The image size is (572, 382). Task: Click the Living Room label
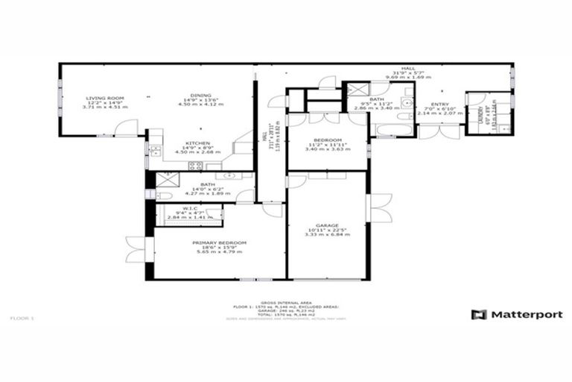tap(104, 98)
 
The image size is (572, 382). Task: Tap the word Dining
tap(199, 95)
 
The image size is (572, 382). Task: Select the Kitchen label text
tap(197, 143)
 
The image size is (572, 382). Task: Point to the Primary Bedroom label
tap(219, 242)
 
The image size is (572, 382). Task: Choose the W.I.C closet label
tap(189, 208)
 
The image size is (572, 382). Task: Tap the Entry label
tap(440, 104)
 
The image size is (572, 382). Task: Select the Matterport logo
tap(516, 314)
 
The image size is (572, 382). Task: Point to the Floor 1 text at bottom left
tap(22, 318)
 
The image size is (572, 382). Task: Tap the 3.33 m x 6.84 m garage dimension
tap(327, 235)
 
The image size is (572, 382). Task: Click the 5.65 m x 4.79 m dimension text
tap(219, 252)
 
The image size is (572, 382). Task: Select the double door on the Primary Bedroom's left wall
tap(137, 248)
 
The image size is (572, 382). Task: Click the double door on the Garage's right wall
tap(378, 208)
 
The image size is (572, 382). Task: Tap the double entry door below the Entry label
tap(439, 132)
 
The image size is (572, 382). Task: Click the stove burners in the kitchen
tap(195, 166)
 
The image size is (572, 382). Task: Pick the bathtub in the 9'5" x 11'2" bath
tap(392, 130)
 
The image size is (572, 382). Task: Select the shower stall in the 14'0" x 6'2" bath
tap(165, 178)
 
